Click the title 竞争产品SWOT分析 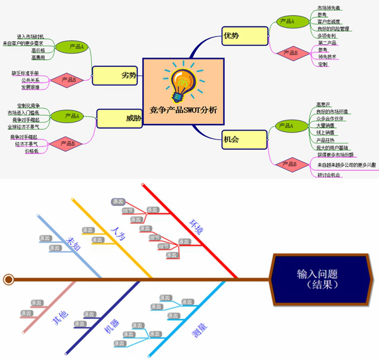tap(183, 110)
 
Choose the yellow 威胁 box tap(119, 118)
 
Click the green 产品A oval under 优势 tap(287, 21)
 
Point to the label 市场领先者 tap(329, 8)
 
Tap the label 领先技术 tap(327, 57)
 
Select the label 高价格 tap(38, 50)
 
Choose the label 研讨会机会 tap(329, 175)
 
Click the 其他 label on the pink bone tap(60, 319)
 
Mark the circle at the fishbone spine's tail tap(9, 279)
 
